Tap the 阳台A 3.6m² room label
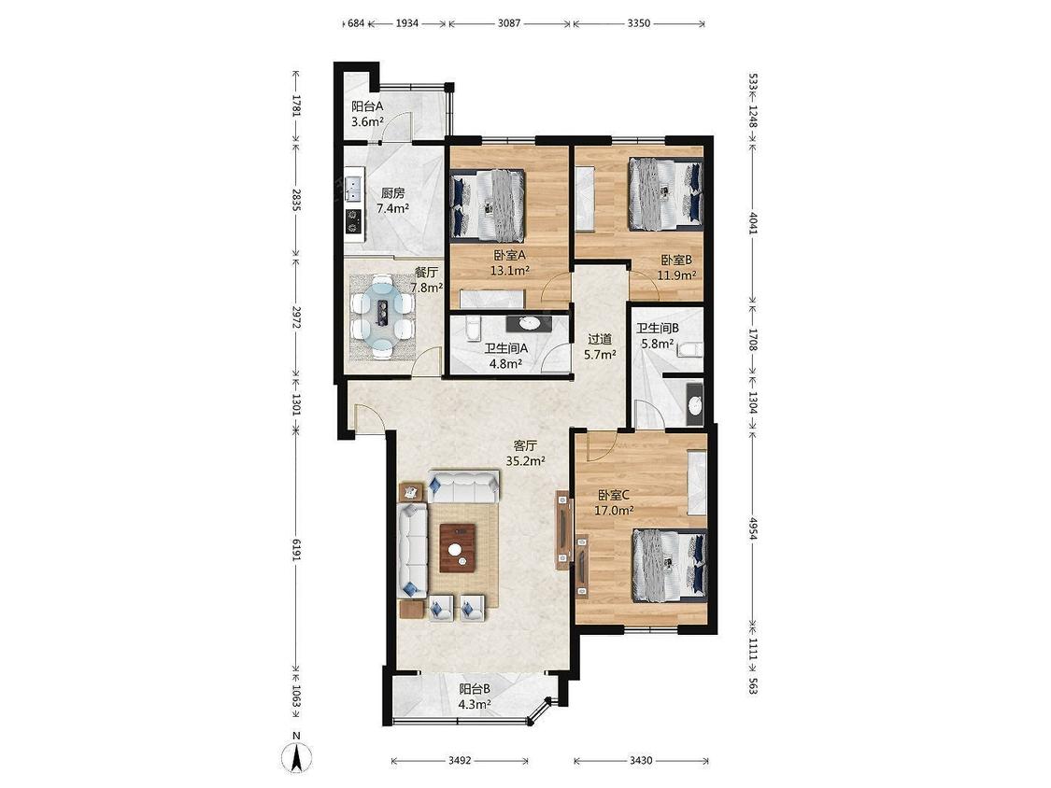(367, 114)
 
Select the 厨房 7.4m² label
(392, 201)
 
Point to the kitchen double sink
(353, 189)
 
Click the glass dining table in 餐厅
(382, 312)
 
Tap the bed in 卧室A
(488, 205)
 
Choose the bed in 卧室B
(666, 193)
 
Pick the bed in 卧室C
(670, 566)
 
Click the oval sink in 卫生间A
(530, 323)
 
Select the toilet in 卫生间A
(472, 329)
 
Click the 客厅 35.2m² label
(525, 453)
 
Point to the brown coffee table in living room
(458, 547)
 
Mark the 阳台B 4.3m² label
(476, 697)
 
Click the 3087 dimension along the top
(509, 23)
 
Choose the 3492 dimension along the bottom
(460, 761)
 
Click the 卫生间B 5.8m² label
(658, 336)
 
